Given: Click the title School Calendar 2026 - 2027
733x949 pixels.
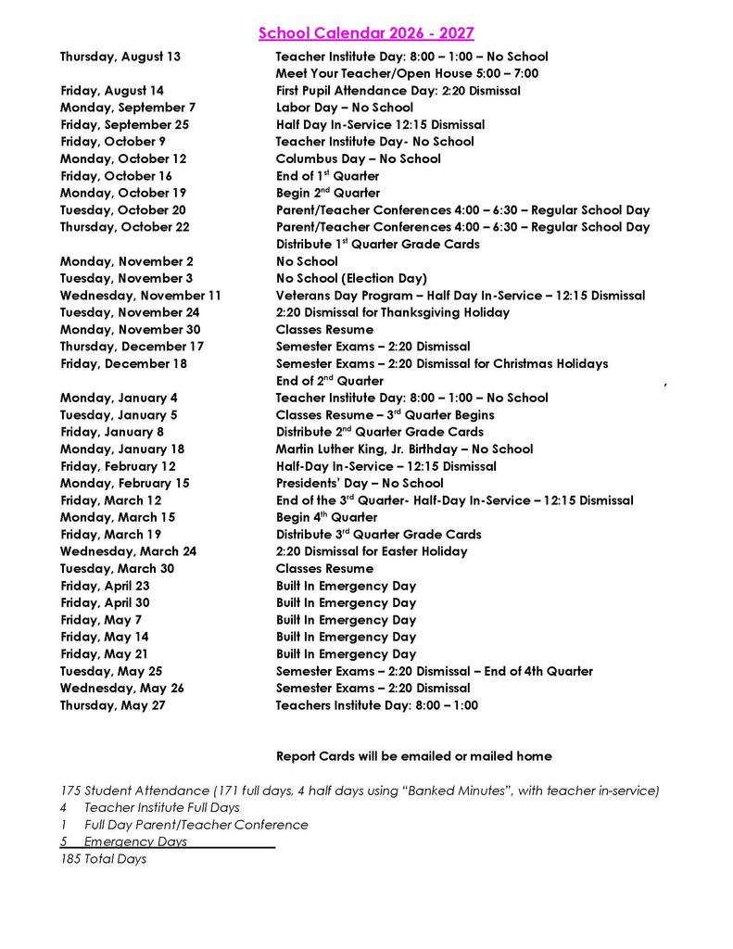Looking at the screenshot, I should [x=366, y=33].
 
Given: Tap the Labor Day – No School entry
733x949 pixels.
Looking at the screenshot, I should [x=344, y=108].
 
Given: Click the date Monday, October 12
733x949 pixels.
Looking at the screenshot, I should [x=123, y=158].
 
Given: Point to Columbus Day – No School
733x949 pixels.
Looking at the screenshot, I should [x=358, y=158].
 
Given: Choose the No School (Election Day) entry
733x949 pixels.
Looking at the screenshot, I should [x=351, y=278].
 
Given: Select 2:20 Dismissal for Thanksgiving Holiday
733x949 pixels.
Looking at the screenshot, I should [x=392, y=312].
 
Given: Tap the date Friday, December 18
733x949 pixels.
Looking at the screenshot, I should [x=123, y=363].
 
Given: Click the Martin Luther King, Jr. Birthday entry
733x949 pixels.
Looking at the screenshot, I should [x=404, y=449].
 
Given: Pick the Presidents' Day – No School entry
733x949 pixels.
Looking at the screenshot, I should [x=360, y=483].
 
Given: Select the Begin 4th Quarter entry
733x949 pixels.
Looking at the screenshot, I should [x=326, y=517].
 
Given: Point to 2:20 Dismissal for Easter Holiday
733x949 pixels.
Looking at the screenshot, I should [x=372, y=551].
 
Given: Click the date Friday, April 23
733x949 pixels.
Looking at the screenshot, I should [x=105, y=586].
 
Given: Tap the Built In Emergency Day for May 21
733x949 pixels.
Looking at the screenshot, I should [x=346, y=653].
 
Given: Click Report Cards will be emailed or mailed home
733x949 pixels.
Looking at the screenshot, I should [x=413, y=756].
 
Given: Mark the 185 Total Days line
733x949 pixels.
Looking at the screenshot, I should [x=103, y=859].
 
